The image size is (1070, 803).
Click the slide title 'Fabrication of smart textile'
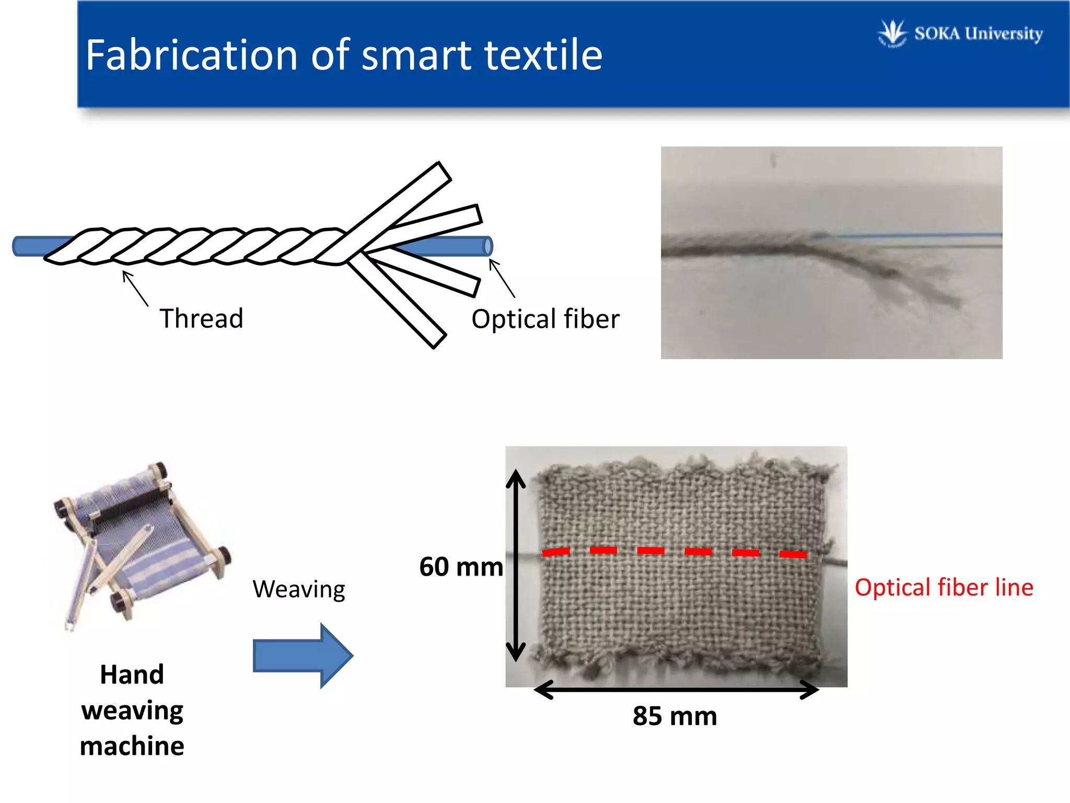[344, 55]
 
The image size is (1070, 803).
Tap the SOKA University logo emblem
[892, 33]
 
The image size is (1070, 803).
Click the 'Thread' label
[201, 318]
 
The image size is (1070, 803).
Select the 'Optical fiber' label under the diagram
[545, 319]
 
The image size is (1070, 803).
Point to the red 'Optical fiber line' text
[944, 587]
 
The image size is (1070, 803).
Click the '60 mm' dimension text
[461, 567]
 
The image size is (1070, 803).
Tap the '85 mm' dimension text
[674, 716]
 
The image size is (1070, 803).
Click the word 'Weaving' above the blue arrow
[298, 589]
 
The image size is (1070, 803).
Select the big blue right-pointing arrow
[303, 655]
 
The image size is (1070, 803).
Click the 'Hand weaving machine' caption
[132, 709]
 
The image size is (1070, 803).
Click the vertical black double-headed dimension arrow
[516, 565]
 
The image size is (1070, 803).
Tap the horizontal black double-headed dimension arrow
[676, 690]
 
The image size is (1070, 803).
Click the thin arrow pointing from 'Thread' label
[135, 288]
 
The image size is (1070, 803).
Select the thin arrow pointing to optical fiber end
[502, 278]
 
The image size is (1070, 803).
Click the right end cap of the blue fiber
[488, 246]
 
